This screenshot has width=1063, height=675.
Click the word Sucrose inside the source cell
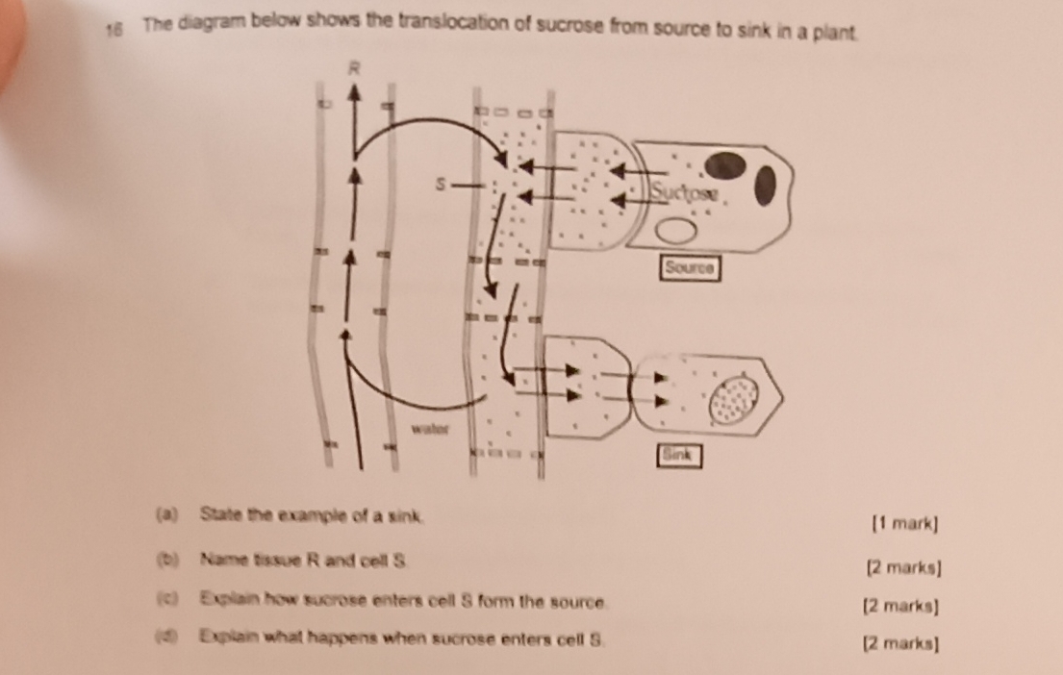(x=684, y=193)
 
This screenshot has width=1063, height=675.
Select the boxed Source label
(x=690, y=266)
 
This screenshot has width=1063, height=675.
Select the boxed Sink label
(x=678, y=455)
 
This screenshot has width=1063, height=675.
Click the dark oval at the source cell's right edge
(x=765, y=186)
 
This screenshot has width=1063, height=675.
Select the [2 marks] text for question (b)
(x=905, y=567)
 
